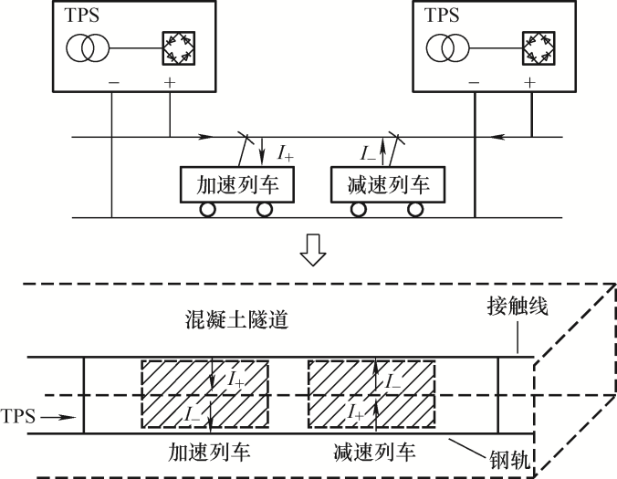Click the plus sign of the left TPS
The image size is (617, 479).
coord(170,82)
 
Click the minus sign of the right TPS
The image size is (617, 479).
coord(475,82)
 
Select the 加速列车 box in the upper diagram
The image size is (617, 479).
coord(235,185)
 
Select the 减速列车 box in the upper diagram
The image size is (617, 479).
coord(388,185)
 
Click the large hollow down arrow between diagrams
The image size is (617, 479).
coord(312,253)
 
